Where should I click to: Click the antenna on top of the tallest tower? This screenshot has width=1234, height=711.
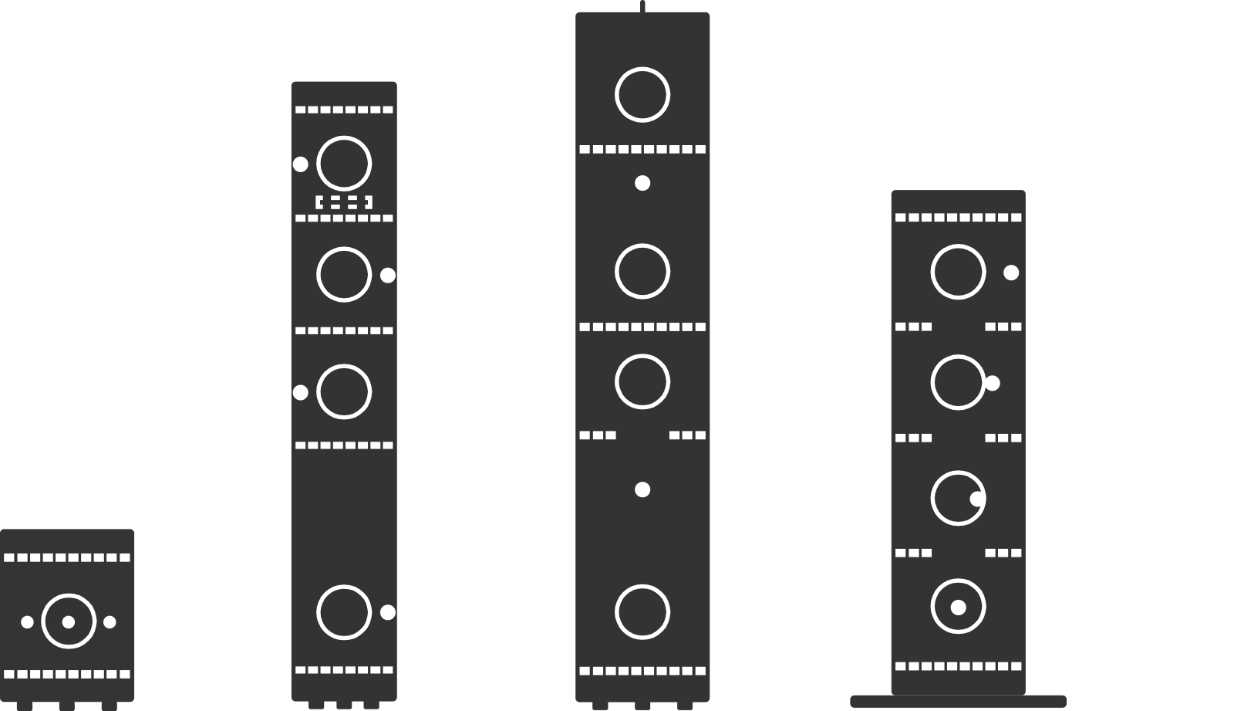click(642, 5)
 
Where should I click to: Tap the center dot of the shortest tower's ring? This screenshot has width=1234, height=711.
click(69, 621)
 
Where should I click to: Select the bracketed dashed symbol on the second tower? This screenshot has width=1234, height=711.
click(344, 202)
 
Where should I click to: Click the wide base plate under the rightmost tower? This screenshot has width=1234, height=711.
click(958, 701)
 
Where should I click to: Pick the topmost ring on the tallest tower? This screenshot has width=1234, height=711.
click(642, 95)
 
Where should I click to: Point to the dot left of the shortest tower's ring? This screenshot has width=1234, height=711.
click(27, 621)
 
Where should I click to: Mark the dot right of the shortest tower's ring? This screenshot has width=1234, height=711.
click(110, 621)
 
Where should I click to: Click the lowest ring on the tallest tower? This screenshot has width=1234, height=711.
click(642, 612)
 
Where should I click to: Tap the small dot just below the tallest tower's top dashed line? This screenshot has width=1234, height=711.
click(642, 183)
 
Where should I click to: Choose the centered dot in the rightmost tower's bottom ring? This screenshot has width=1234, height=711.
click(958, 608)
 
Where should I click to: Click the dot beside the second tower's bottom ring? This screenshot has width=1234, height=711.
click(388, 612)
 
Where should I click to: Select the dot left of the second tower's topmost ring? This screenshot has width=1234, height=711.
click(301, 164)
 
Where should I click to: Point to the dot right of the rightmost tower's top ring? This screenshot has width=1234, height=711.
click(1011, 273)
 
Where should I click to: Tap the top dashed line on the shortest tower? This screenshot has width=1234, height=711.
click(67, 557)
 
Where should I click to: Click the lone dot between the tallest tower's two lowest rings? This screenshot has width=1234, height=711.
click(642, 489)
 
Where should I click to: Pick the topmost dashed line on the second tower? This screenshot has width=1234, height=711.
click(344, 110)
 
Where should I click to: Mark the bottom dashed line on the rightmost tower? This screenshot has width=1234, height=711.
click(958, 666)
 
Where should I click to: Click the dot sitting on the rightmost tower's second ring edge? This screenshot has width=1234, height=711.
click(993, 383)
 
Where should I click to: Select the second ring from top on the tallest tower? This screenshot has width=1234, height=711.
click(642, 271)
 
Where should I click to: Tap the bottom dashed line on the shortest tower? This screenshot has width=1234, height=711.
click(67, 674)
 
